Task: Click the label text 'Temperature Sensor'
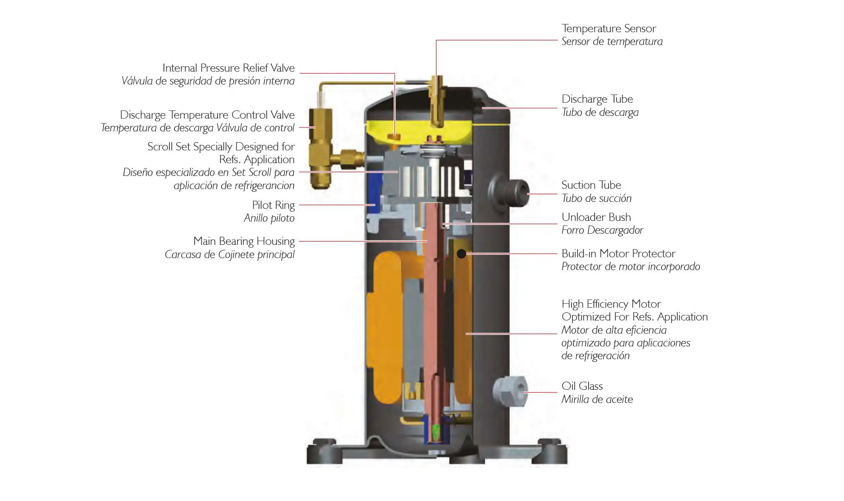(x=608, y=28)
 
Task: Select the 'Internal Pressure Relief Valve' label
(x=228, y=68)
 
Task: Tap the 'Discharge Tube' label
(x=597, y=99)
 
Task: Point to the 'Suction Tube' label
(x=591, y=185)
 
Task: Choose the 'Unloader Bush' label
(x=596, y=217)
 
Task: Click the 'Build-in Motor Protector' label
(x=618, y=254)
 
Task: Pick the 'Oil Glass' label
(x=582, y=386)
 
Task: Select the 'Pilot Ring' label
(x=273, y=205)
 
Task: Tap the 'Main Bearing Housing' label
(x=244, y=241)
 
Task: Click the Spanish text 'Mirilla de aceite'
(x=597, y=399)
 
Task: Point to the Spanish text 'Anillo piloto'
(x=269, y=219)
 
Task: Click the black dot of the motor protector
(x=461, y=254)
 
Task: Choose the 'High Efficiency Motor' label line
(x=611, y=304)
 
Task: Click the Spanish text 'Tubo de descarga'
(x=600, y=113)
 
